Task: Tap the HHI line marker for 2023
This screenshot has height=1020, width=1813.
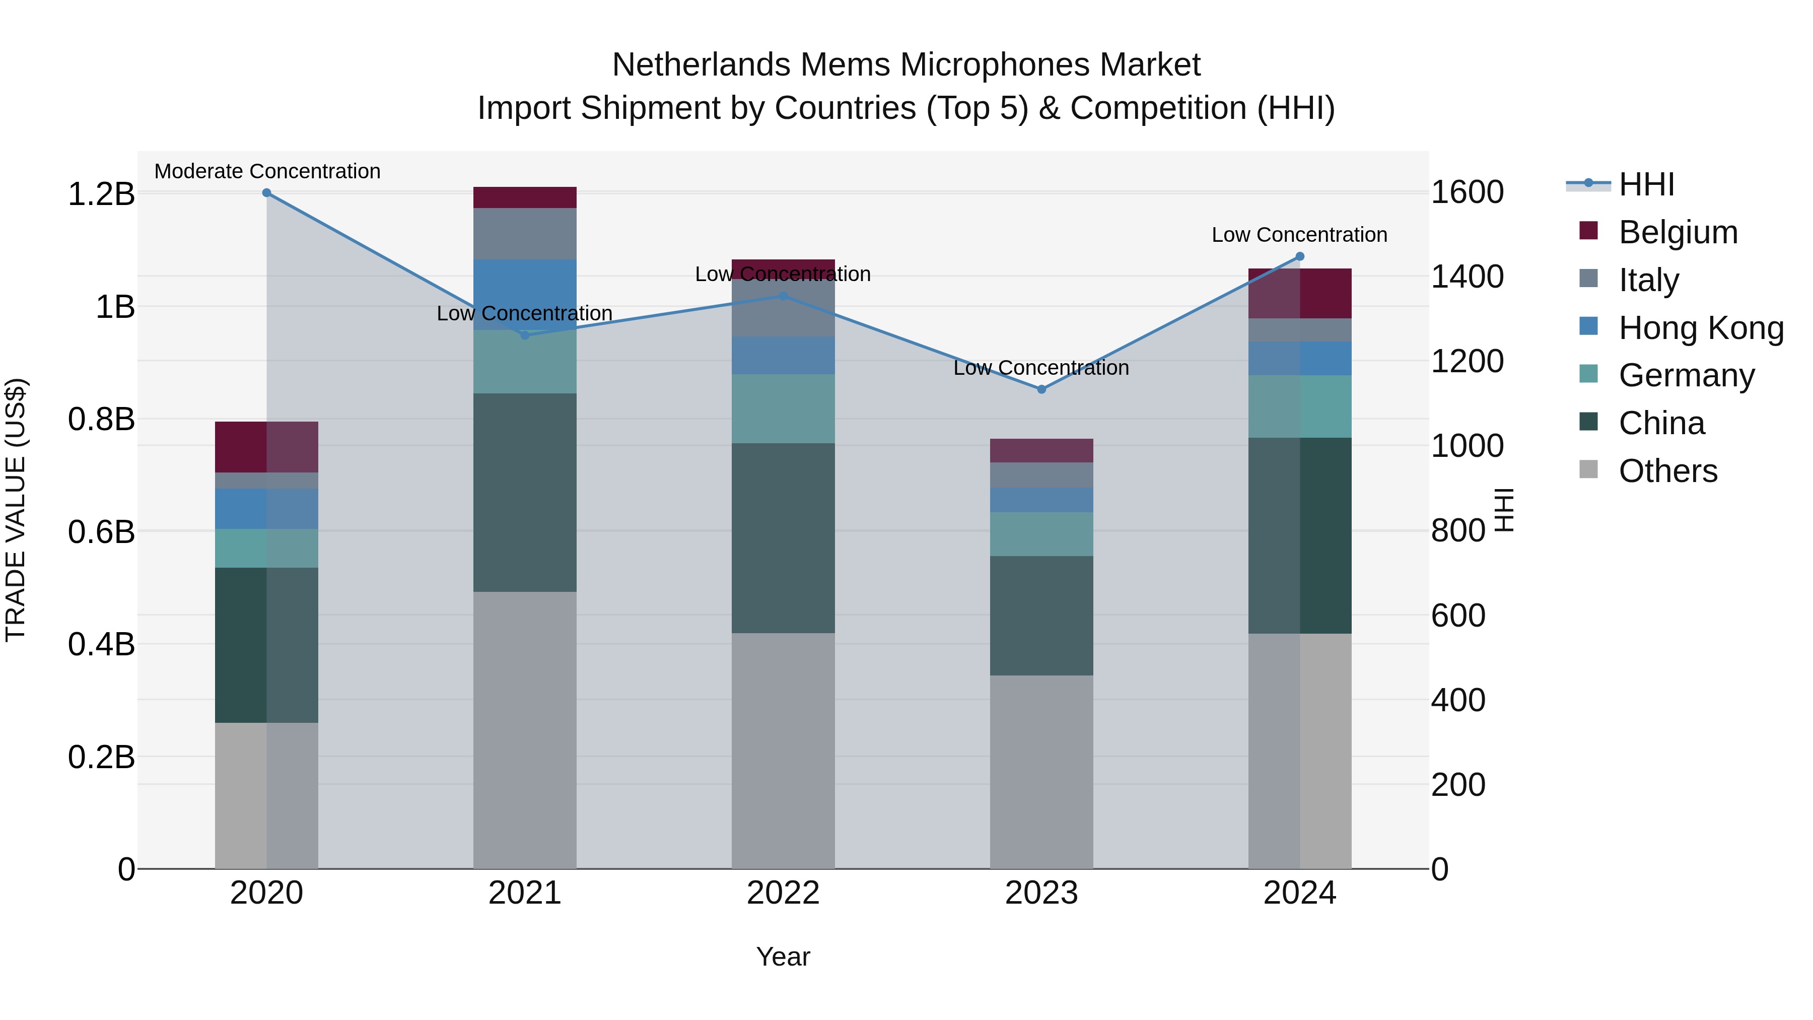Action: pos(1041,389)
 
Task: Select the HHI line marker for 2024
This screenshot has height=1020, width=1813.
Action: pos(1300,256)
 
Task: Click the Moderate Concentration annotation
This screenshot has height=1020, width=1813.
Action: pos(267,171)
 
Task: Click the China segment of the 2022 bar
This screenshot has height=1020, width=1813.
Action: pos(783,538)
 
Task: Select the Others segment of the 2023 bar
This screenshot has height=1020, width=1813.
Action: pos(1041,772)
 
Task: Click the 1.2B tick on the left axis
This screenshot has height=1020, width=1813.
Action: pos(101,194)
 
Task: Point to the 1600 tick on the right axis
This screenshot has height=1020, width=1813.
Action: pos(1468,192)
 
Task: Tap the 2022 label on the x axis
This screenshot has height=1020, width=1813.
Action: pos(783,893)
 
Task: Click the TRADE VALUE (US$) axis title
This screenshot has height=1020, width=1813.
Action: pos(16,510)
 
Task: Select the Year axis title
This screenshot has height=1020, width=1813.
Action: pos(783,957)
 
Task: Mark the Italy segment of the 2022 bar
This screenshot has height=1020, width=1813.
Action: pos(783,308)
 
